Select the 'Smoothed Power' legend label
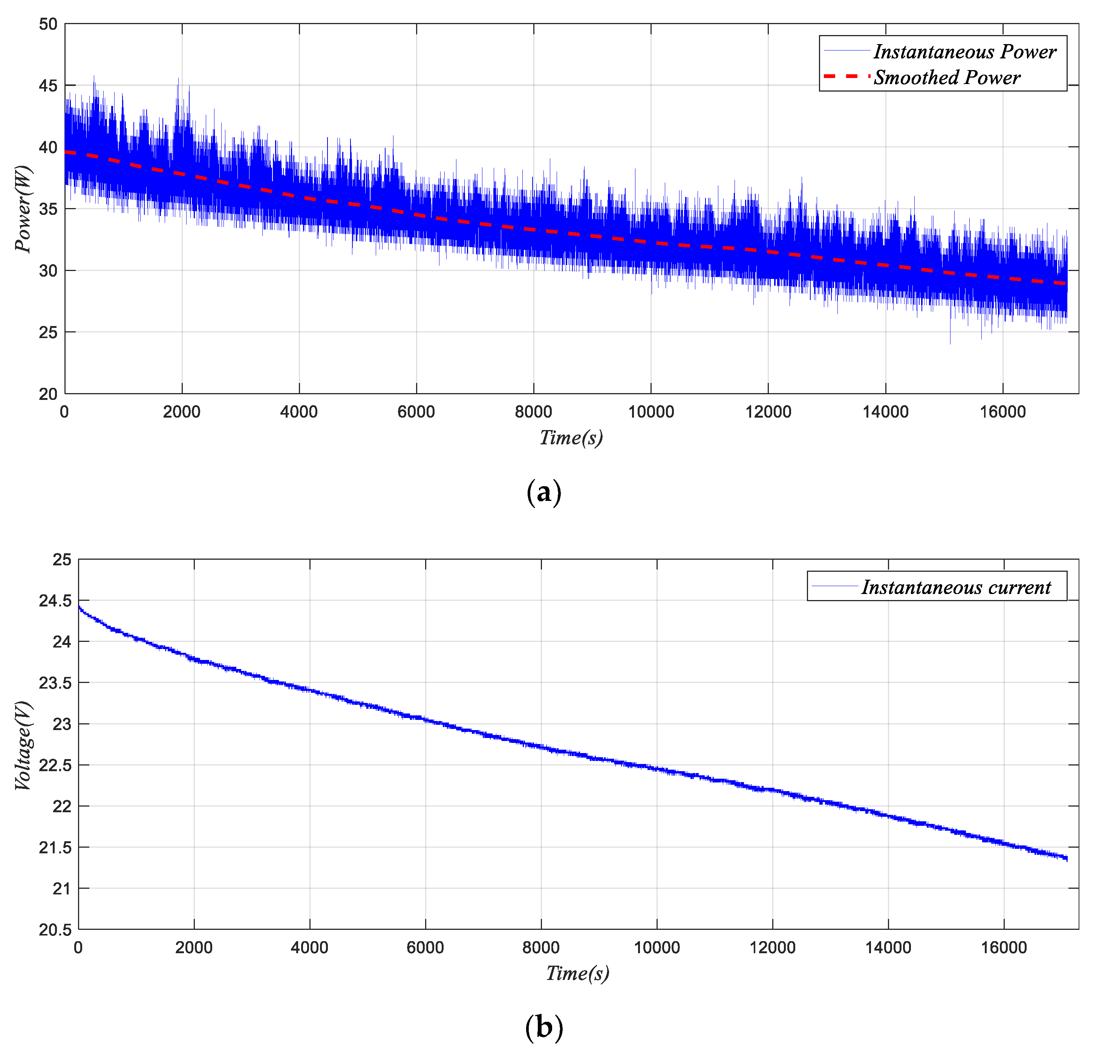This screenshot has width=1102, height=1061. point(947,78)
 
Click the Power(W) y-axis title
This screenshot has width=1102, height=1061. point(24,209)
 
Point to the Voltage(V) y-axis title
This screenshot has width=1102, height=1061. point(24,746)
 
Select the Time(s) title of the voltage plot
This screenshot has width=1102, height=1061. point(577,973)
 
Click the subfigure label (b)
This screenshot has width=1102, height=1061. point(544,1028)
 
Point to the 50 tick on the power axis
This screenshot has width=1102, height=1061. point(48,24)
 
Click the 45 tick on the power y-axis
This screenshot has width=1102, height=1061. point(48,86)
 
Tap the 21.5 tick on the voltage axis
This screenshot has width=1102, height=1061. point(55,848)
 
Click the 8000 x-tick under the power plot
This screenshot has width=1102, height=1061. point(534,412)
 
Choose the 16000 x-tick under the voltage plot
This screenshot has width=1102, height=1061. point(1004,948)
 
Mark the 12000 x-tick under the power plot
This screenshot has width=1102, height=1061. point(768,412)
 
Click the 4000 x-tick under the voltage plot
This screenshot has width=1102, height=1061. point(309,948)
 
